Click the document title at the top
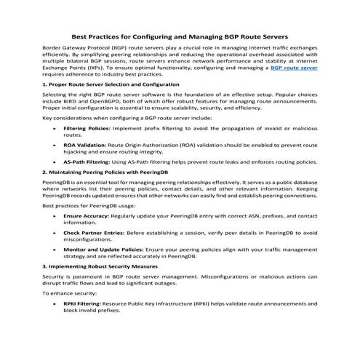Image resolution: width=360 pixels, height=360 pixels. coord(180,36)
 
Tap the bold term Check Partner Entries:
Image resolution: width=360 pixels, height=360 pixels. coord(92,233)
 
